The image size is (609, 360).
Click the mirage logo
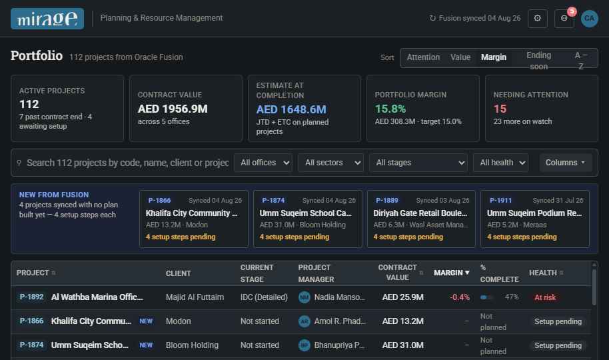(x=47, y=19)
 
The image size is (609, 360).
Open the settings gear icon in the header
(x=538, y=18)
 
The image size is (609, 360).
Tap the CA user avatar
(x=589, y=18)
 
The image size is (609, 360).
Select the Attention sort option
(x=423, y=57)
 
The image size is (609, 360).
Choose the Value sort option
(x=460, y=57)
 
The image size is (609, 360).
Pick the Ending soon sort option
(x=538, y=61)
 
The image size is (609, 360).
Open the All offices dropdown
(x=263, y=163)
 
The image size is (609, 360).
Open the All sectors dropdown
(x=331, y=163)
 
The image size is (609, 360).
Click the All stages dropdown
(x=418, y=163)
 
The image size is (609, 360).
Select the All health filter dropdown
(x=500, y=163)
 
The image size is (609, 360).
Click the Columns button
(x=566, y=163)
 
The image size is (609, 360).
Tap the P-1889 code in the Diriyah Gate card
(x=387, y=201)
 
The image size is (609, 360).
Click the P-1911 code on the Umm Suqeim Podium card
(x=500, y=201)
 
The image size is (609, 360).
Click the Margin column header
(x=451, y=273)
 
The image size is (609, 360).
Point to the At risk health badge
(x=545, y=297)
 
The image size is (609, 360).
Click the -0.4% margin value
(x=460, y=297)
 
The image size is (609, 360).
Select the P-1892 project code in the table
(x=31, y=297)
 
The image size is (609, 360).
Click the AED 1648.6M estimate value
(x=291, y=109)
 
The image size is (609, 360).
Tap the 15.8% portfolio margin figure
(x=390, y=109)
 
